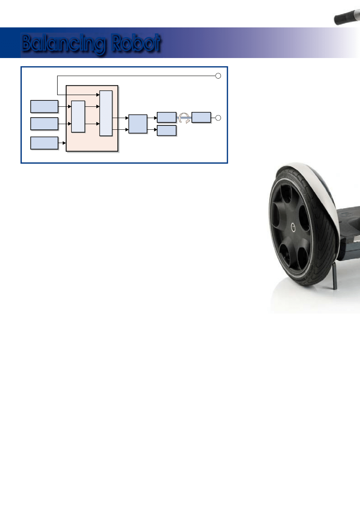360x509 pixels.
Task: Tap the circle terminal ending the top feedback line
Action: [218, 76]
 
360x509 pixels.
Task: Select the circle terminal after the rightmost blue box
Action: [218, 118]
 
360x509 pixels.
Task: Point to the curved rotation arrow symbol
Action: [184, 118]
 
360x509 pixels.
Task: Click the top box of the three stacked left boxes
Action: [44, 106]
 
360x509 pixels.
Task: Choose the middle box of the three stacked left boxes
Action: [44, 124]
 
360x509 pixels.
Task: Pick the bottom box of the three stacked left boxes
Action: [44, 143]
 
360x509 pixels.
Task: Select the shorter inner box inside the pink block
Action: [78, 116]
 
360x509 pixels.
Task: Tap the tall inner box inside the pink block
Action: [106, 113]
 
